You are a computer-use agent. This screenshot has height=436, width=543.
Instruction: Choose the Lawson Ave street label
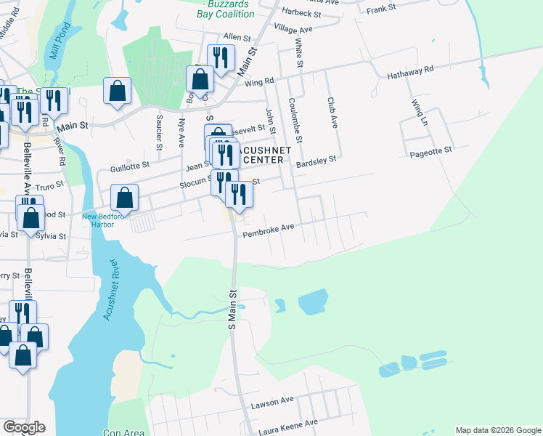272,401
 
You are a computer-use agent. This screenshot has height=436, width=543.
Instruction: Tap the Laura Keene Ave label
285,423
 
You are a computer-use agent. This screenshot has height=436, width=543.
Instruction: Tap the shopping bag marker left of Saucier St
117,92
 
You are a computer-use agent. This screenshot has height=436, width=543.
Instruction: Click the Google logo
24,427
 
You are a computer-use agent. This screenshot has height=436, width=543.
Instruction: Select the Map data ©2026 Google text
498,430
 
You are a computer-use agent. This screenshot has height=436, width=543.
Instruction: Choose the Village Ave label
293,29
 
